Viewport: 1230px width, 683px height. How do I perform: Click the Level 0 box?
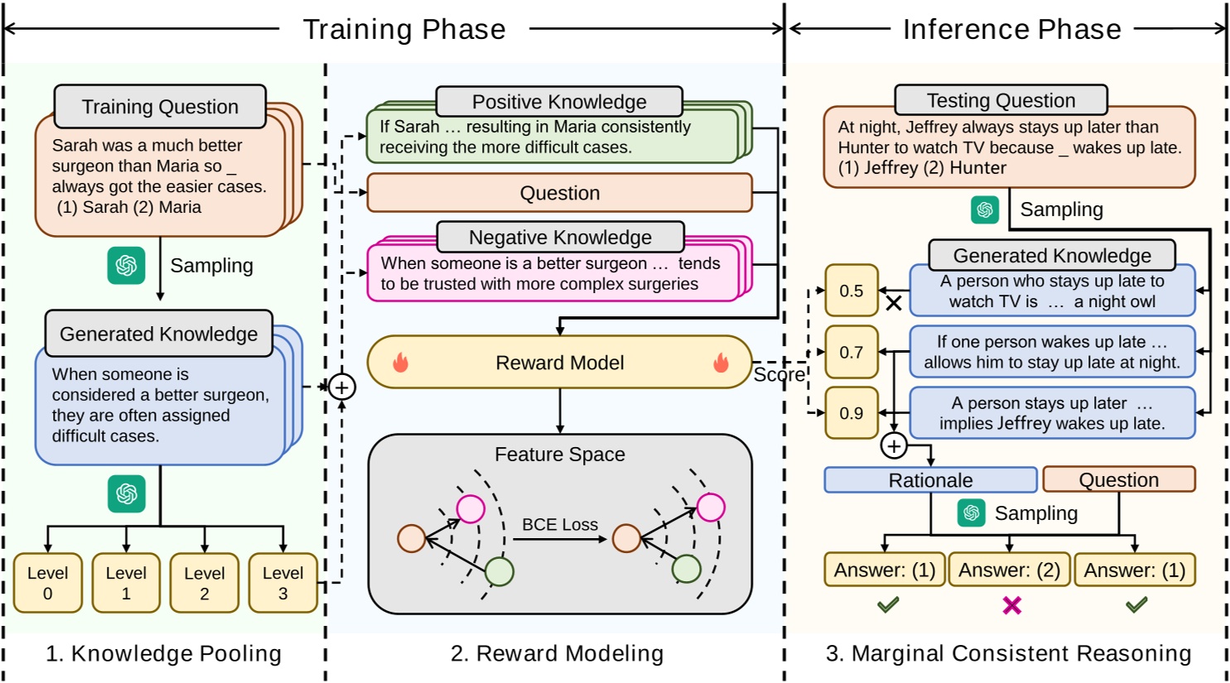tap(48, 583)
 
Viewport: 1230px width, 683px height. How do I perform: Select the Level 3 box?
tap(283, 583)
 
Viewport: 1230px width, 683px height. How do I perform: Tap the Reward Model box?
tap(560, 363)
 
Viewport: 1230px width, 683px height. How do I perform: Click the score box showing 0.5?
tap(851, 291)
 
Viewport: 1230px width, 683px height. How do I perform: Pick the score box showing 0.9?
tap(851, 413)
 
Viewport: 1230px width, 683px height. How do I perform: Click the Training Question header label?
tap(160, 107)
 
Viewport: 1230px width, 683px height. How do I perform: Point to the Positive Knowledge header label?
tap(559, 102)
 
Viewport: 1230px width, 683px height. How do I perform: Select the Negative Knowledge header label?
tap(560, 238)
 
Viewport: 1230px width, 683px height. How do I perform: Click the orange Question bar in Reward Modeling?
tap(560, 193)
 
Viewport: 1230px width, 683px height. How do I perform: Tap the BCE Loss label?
tap(560, 525)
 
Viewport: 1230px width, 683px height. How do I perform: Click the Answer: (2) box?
tap(1009, 570)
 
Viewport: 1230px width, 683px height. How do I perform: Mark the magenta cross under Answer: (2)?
tap(1011, 606)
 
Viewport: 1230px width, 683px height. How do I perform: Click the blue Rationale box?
tap(930, 480)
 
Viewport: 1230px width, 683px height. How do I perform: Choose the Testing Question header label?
tap(1001, 100)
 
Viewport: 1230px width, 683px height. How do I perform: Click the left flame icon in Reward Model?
tap(401, 363)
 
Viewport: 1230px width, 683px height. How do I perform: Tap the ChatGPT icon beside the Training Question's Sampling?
tap(126, 265)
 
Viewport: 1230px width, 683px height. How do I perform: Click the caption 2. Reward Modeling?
tap(557, 654)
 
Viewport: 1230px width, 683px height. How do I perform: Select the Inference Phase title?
tap(1011, 30)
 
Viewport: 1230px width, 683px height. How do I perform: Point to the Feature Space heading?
tap(560, 455)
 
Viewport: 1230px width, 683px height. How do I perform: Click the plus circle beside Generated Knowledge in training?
tap(341, 387)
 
